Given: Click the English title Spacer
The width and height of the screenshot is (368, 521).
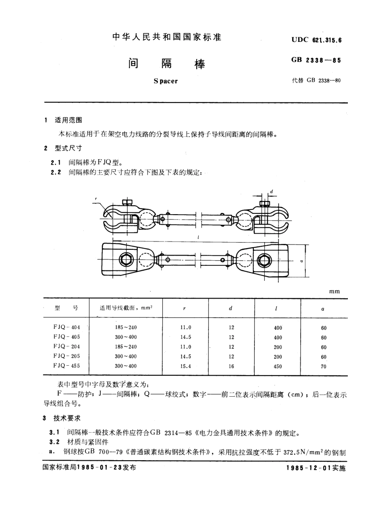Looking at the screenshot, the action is click(x=165, y=81).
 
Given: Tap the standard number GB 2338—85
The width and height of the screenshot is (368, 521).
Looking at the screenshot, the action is click(x=316, y=60).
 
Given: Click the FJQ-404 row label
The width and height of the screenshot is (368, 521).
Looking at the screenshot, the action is click(x=67, y=327).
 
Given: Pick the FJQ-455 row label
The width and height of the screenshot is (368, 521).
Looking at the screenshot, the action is click(x=67, y=366).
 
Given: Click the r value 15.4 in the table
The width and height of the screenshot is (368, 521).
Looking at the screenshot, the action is click(x=186, y=366).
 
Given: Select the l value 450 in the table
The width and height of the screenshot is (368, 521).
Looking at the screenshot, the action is click(x=278, y=366).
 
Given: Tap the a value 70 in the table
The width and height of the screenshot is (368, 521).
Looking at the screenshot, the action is click(x=323, y=366).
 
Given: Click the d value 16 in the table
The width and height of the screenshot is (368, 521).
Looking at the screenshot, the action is click(x=231, y=366).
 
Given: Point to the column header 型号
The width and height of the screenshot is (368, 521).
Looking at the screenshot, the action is click(x=67, y=308).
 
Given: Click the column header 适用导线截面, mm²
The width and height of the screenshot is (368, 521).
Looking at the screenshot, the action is click(x=126, y=308).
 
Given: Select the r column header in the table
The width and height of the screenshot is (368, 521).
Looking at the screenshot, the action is click(x=184, y=309).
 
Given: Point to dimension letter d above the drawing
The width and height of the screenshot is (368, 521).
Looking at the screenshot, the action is click(x=271, y=192).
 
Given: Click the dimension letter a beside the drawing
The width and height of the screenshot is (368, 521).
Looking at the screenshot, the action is click(x=301, y=261).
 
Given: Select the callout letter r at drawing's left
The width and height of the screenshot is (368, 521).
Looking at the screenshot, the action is click(x=96, y=199).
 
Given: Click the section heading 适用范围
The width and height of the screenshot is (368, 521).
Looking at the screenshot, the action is click(x=69, y=120).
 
